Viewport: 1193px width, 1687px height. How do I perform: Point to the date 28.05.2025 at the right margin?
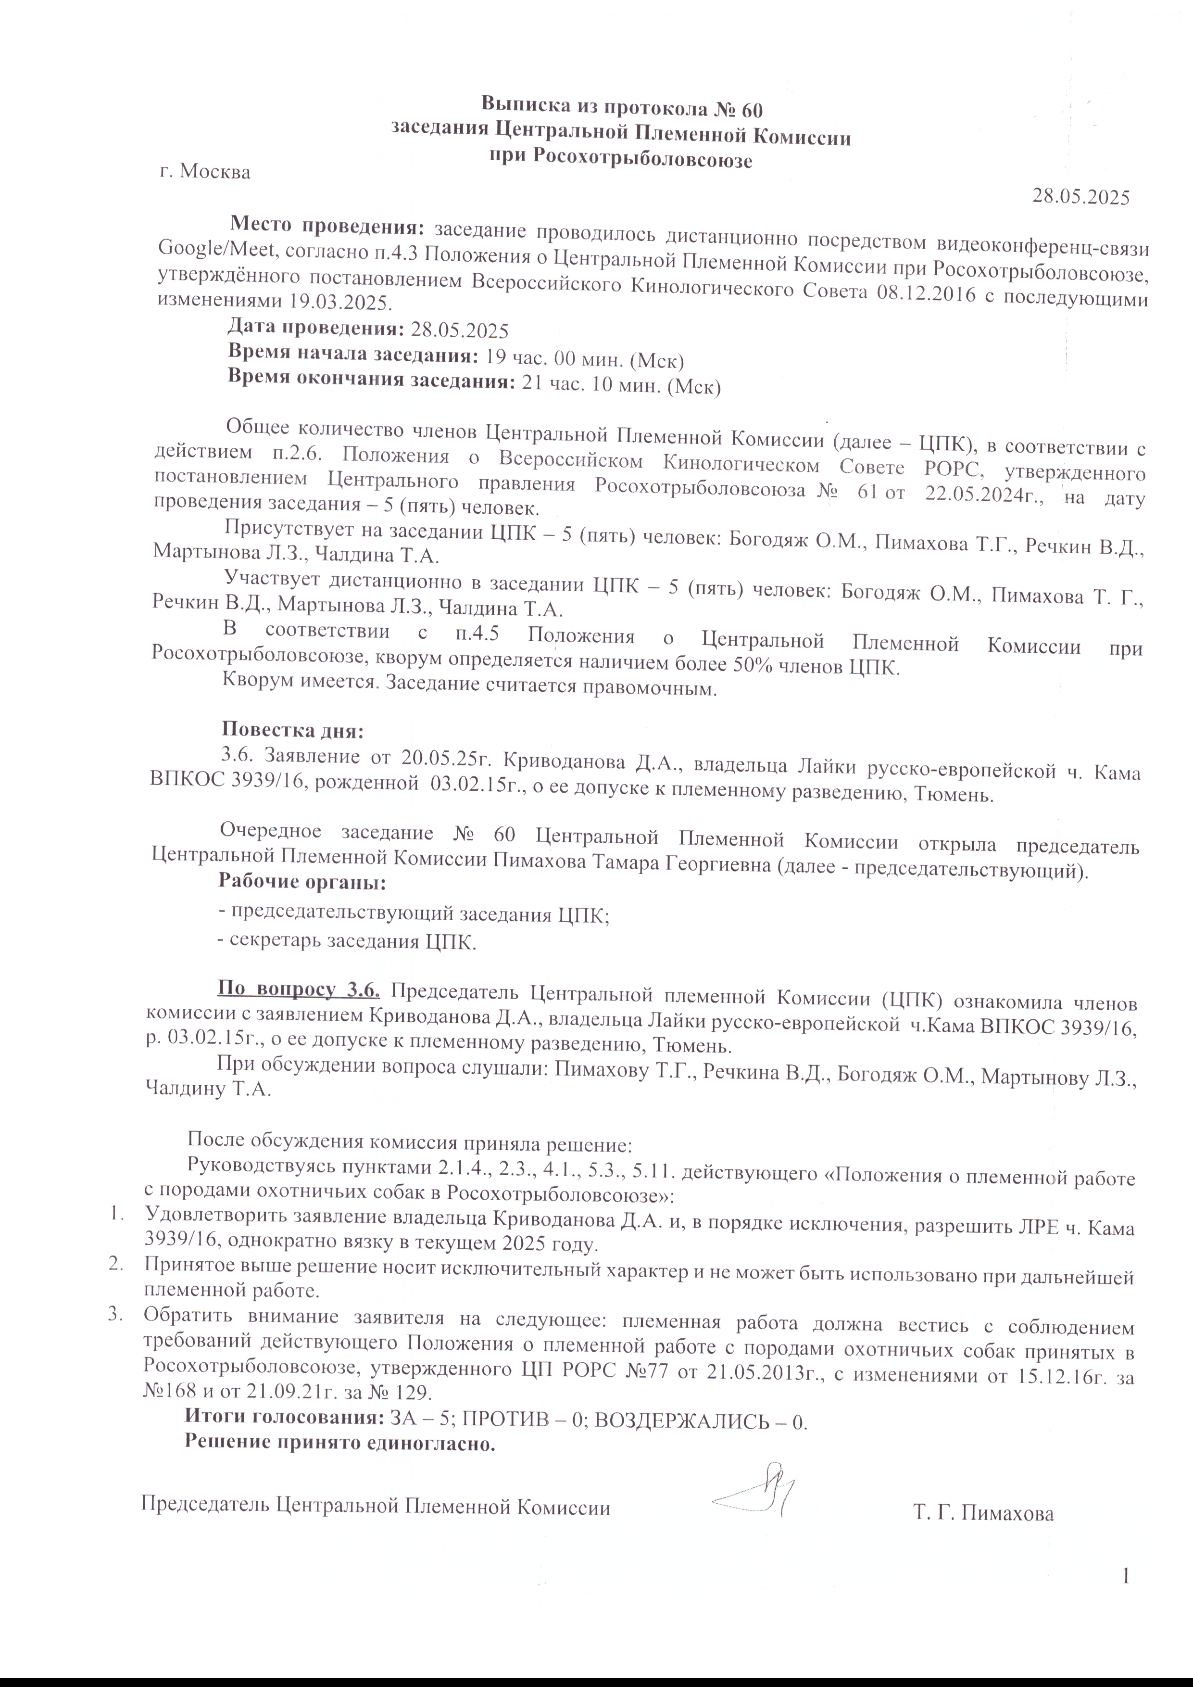coord(1080,196)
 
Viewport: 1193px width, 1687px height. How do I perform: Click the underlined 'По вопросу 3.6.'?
coord(298,991)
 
